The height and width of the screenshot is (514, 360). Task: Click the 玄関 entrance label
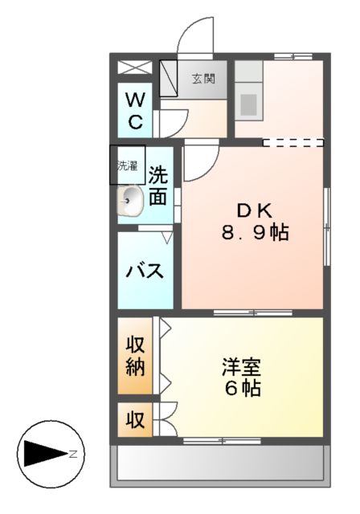(202, 79)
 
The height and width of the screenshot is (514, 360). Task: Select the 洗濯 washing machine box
(128, 166)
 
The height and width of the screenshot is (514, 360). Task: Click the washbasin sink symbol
(130, 201)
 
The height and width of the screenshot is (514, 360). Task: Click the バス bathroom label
(145, 271)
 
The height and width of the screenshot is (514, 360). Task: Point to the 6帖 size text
(242, 390)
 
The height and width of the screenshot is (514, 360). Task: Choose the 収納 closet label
(134, 357)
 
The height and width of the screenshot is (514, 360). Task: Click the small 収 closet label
(134, 420)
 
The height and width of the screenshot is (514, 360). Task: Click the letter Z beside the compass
(72, 454)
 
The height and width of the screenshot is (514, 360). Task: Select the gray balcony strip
(221, 464)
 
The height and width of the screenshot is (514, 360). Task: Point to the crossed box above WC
(133, 68)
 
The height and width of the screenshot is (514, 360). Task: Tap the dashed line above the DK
(292, 143)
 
